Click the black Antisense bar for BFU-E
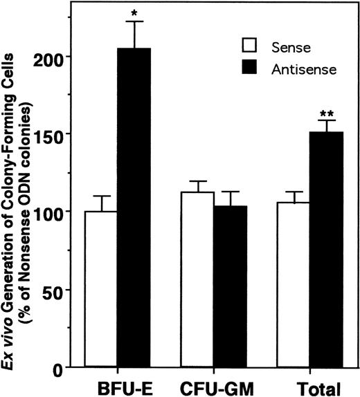[x=134, y=207]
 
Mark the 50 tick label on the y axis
[x=62, y=290]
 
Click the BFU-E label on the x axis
[x=117, y=387]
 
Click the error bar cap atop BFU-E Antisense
[x=134, y=22]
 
